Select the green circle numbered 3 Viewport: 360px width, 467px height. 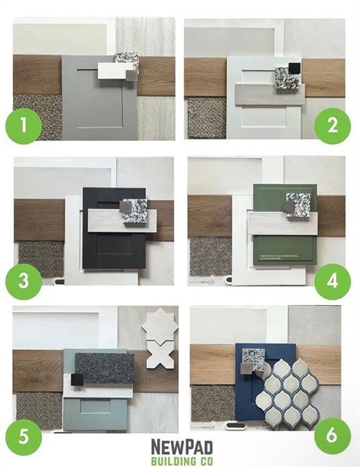23,283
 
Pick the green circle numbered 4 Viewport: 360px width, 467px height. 334,282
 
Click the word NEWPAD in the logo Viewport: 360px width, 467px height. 180,444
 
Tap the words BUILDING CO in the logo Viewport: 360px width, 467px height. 180,458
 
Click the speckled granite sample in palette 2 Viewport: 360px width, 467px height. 285,78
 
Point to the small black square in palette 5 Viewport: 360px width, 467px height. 78,379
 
